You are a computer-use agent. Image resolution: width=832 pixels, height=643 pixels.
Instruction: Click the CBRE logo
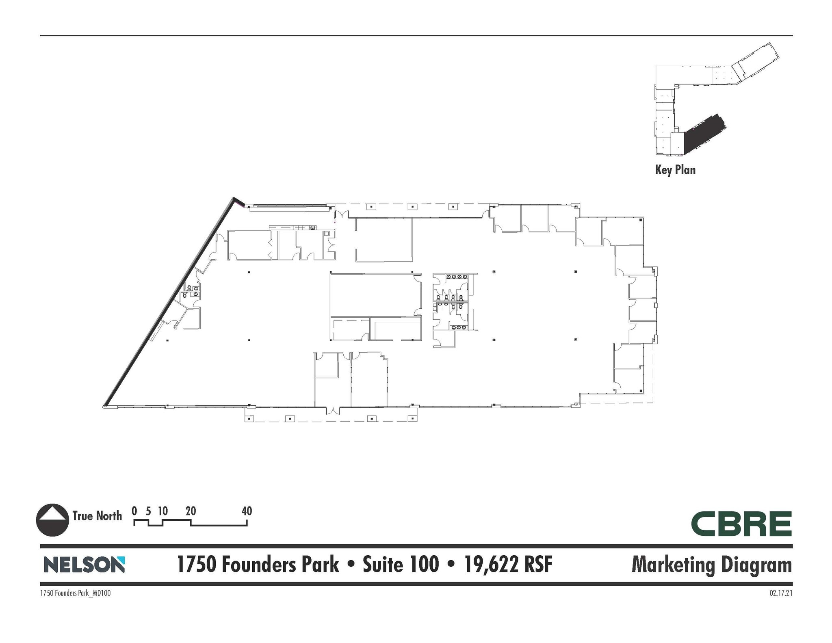tap(741, 524)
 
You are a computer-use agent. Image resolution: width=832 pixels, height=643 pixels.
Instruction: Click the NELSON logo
tap(84, 565)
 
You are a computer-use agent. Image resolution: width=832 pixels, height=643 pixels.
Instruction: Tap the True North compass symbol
tap(52, 520)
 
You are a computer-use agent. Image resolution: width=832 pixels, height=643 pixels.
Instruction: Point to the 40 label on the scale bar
tap(247, 511)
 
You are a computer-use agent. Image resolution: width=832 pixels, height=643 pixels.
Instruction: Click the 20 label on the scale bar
tap(191, 511)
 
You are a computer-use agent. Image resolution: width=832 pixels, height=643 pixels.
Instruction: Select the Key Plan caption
tap(675, 170)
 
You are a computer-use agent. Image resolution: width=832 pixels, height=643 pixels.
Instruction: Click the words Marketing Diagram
tap(711, 565)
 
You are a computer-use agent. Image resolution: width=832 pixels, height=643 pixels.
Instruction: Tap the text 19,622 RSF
tap(508, 565)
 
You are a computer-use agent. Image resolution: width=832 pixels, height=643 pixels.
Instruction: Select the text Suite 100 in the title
tap(401, 565)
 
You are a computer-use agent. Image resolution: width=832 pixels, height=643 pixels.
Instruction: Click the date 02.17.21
tap(780, 593)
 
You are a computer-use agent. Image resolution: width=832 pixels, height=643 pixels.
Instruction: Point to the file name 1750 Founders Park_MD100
tap(75, 593)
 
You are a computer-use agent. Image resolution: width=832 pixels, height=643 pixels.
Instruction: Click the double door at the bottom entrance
tap(333, 410)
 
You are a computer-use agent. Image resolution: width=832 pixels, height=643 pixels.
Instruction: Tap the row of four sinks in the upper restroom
tap(453, 277)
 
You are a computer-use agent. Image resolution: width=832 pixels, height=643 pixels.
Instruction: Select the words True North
tap(97, 516)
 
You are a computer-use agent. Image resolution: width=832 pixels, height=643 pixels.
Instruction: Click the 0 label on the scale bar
tap(134, 511)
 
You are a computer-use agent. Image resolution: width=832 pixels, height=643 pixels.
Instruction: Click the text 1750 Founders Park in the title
tap(258, 565)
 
